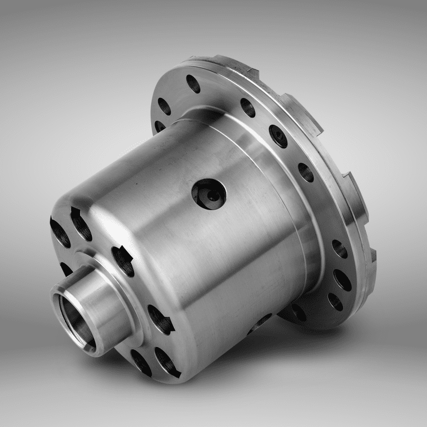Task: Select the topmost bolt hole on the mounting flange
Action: point(193,83)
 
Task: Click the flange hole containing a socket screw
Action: point(278,136)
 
